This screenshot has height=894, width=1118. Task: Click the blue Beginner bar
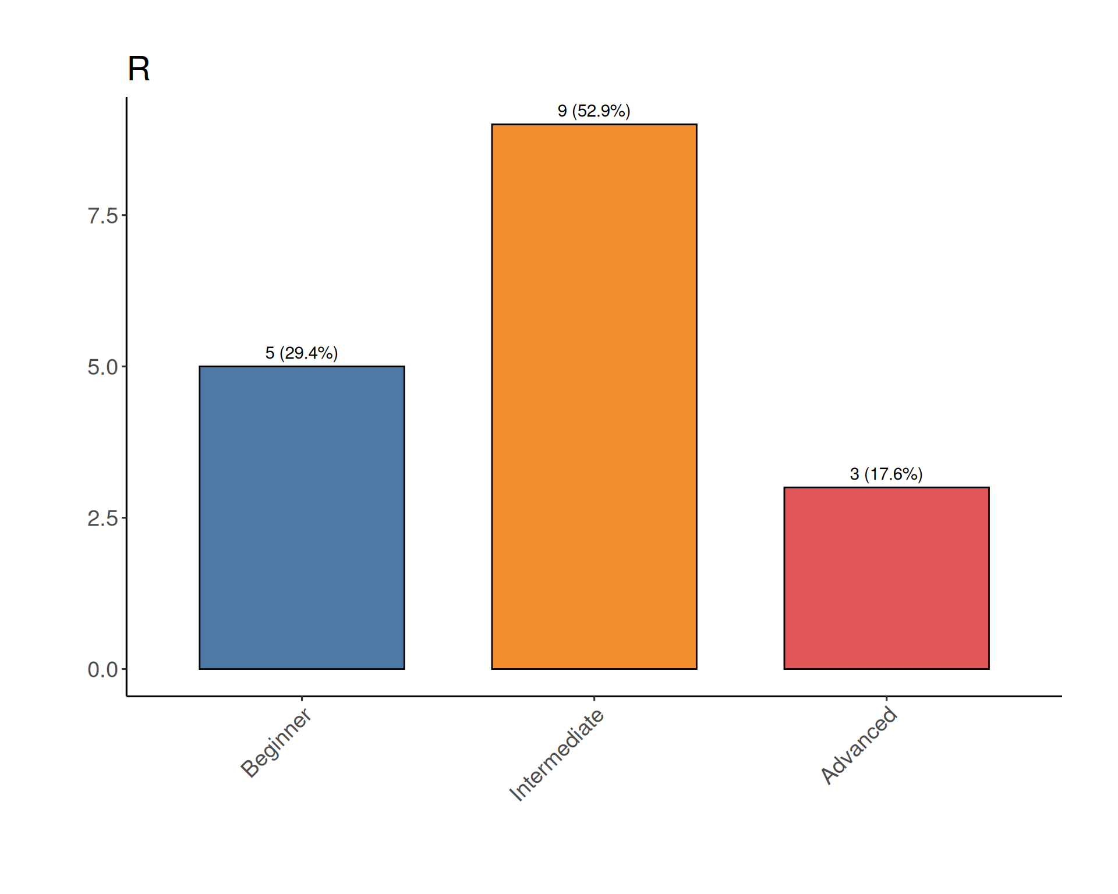pos(302,517)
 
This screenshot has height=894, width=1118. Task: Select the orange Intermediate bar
pos(594,396)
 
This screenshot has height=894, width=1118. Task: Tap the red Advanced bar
pos(886,578)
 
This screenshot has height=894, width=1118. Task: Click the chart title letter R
pos(139,69)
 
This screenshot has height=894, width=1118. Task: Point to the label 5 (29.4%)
pos(302,353)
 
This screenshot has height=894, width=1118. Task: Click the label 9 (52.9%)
pos(594,111)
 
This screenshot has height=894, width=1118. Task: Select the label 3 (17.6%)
pos(886,474)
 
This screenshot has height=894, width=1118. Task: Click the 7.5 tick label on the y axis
pos(102,216)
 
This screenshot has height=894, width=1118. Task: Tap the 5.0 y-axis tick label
pos(102,367)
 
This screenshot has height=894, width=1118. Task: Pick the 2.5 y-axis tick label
pos(102,519)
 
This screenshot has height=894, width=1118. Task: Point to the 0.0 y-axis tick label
pos(102,670)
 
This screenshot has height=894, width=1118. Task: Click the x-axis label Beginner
pos(276,743)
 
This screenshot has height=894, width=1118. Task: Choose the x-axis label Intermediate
pos(557,755)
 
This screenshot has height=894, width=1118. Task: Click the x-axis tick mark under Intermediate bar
pos(594,698)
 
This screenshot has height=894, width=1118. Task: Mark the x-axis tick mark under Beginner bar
pos(302,698)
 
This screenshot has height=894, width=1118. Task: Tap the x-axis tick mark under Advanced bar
pos(886,698)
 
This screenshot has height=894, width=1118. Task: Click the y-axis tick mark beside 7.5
pos(124,215)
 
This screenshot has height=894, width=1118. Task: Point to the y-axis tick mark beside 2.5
pos(124,518)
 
